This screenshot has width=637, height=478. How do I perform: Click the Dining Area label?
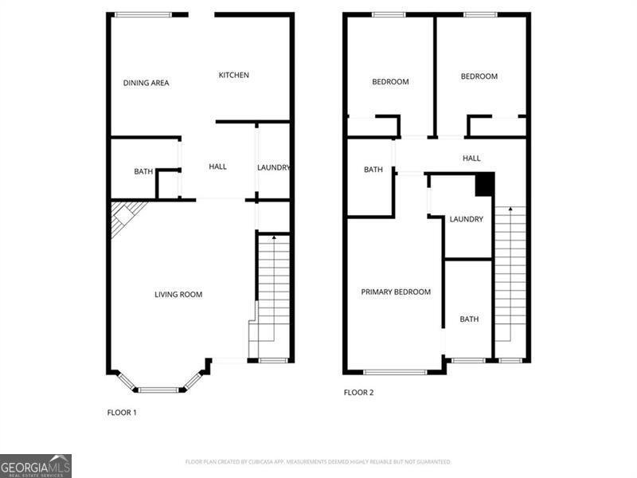click(x=146, y=83)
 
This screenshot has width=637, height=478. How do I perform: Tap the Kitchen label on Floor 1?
click(x=234, y=75)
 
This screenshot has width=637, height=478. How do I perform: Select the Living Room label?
click(x=178, y=295)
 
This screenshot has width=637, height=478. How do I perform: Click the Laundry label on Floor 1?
click(x=273, y=167)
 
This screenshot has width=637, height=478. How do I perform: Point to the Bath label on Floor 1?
click(x=143, y=171)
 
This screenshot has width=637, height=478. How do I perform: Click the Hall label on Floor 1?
click(x=217, y=167)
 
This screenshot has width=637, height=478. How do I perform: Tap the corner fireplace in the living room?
click(x=123, y=215)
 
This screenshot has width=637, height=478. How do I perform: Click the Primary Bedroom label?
click(x=396, y=292)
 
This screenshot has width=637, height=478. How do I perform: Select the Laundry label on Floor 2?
click(x=466, y=219)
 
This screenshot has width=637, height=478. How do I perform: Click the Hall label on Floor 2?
click(x=471, y=159)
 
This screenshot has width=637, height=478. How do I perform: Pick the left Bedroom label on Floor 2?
click(x=390, y=82)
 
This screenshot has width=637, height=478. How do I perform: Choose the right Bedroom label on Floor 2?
click(x=479, y=76)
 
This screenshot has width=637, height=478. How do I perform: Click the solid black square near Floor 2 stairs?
click(x=484, y=183)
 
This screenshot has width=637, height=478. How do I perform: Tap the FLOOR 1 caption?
click(x=122, y=413)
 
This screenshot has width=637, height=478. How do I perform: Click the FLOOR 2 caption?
click(x=358, y=393)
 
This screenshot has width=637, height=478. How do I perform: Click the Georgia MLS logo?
click(x=36, y=465)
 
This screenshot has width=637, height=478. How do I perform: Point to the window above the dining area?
click(x=143, y=14)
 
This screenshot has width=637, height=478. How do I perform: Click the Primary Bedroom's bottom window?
click(x=395, y=371)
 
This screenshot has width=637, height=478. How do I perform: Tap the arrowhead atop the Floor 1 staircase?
click(x=274, y=237)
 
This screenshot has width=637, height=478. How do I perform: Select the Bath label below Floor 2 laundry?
click(x=469, y=319)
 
